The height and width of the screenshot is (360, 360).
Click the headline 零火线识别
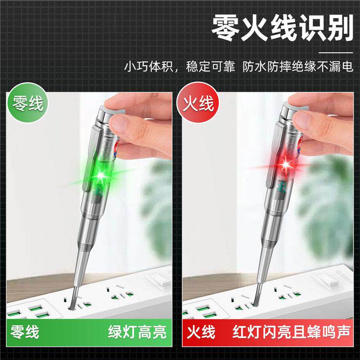coord(282,28)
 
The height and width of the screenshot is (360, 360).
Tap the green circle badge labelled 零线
coord(27,103)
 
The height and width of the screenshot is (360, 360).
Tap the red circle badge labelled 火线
coord(198,103)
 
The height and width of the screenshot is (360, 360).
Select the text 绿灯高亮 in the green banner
coord(137,332)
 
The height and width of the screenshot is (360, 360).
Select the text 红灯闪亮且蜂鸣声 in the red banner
coord(291,332)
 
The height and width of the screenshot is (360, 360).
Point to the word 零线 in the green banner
coord(25,332)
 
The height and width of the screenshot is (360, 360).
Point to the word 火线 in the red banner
coord(201,332)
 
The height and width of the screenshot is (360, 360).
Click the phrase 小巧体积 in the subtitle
coord(148,67)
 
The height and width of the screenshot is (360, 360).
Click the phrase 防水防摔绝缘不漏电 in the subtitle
coord(298,67)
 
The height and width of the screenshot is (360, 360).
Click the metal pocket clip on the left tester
coord(90,158)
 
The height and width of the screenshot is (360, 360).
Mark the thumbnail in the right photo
coord(302,119)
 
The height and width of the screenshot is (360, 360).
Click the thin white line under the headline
coord(336,53)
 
